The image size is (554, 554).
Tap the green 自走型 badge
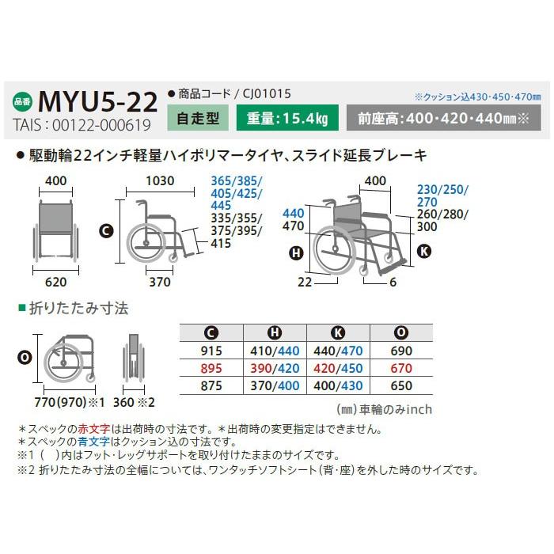click(x=198, y=120)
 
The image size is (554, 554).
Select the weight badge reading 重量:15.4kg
click(x=288, y=120)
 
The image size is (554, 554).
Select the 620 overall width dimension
click(x=55, y=280)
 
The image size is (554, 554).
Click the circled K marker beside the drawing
click(x=424, y=252)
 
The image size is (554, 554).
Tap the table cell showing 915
click(x=213, y=350)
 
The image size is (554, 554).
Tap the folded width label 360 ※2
click(x=134, y=402)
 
